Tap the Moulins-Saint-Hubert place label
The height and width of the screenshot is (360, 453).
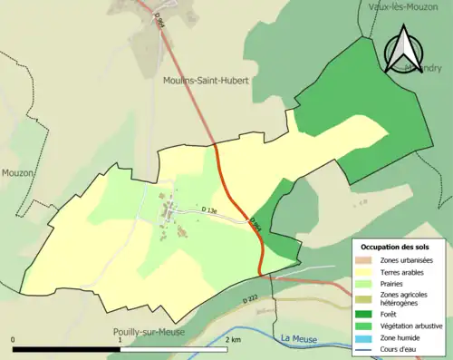click(x=206, y=81)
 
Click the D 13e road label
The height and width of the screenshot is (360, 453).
click(x=209, y=211)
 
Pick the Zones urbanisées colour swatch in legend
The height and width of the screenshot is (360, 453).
click(x=368, y=261)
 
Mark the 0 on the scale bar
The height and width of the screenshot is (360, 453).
click(x=14, y=340)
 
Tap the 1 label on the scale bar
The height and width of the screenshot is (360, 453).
click(x=120, y=340)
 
